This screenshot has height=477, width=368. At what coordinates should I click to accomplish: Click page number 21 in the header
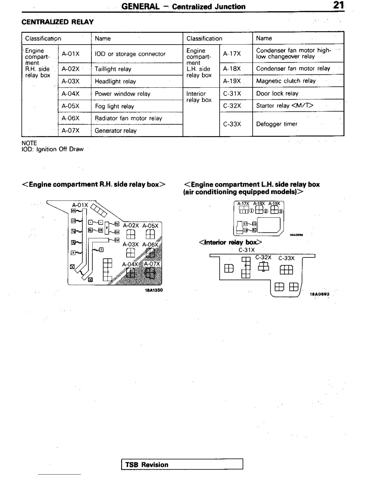pos(339,6)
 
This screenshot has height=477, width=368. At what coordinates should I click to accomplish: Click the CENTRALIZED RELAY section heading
pos(57,22)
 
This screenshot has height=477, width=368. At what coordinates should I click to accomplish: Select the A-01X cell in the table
pos(71,54)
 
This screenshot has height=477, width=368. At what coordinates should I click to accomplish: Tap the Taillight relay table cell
pos(113,69)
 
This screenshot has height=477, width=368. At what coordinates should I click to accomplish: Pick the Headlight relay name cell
pos(115,81)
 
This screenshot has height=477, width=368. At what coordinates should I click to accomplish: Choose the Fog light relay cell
pos(115,106)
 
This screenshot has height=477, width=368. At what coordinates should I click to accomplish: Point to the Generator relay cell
pos(116,131)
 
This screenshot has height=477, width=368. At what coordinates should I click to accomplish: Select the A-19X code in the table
pos(232,81)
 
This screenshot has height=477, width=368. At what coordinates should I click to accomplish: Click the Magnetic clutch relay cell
pos(286,81)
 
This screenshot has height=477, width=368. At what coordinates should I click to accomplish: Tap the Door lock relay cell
pos(277,93)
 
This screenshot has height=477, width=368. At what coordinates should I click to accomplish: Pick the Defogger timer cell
pos(277,124)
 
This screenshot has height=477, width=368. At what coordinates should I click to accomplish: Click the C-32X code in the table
pos(232,106)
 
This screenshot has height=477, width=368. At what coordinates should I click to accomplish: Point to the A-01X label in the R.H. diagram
pos(80,205)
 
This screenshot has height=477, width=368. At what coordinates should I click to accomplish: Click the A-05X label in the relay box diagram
pos(150,226)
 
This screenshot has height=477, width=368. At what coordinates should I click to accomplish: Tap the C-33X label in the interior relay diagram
pos(287,258)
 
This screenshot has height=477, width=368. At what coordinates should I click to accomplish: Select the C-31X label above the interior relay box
pos(247,250)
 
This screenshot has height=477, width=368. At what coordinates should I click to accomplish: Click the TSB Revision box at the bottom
pos(182,464)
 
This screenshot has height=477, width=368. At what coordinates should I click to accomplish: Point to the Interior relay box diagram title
pos(230,242)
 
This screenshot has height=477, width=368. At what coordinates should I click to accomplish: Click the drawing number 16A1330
pos(154,290)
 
